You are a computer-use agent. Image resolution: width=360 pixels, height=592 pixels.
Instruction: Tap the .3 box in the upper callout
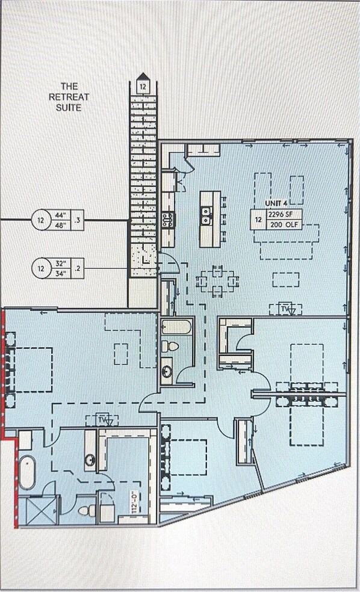click(76, 220)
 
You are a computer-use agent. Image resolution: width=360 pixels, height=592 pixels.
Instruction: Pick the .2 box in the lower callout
click(76, 268)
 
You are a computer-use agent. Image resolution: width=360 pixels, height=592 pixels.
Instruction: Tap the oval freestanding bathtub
click(27, 472)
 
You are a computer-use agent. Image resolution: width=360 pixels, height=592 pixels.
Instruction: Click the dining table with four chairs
click(217, 280)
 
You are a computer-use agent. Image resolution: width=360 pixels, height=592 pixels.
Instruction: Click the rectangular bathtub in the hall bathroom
click(176, 328)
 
